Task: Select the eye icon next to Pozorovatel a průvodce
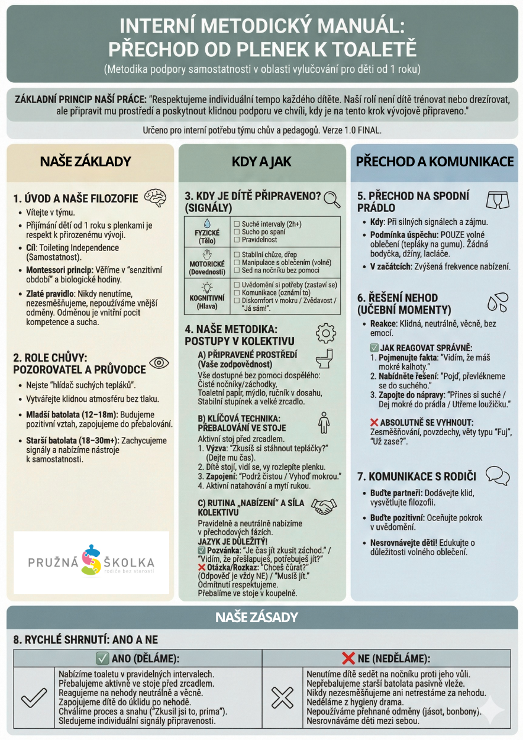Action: pyautogui.click(x=159, y=363)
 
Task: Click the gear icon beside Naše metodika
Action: pyautogui.click(x=325, y=333)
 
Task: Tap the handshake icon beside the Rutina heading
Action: pyautogui.click(x=323, y=506)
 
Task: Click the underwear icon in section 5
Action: pyautogui.click(x=498, y=201)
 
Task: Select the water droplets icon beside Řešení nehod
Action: pyautogui.click(x=497, y=302)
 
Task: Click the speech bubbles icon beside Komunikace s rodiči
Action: pyautogui.click(x=497, y=475)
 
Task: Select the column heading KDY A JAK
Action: pyautogui.click(x=261, y=162)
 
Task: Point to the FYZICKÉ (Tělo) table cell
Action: pyautogui.click(x=207, y=231)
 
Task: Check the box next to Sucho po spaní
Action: pyautogui.click(x=237, y=233)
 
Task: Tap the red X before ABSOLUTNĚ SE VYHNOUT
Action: pyautogui.click(x=373, y=422)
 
